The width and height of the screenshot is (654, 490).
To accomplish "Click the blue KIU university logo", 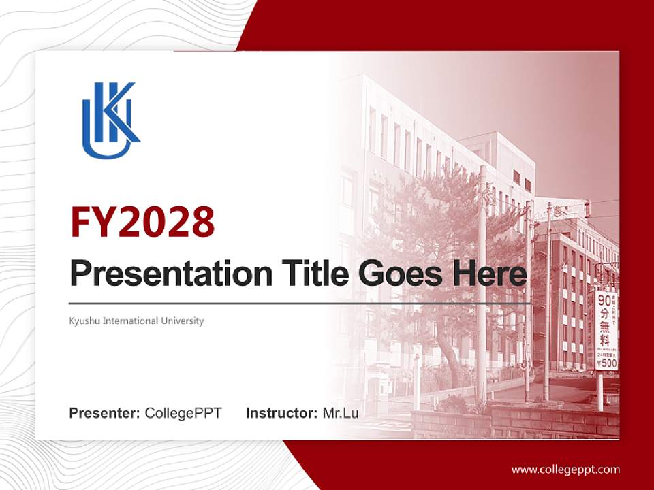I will (110, 120).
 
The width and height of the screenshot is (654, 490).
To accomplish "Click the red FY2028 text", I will (142, 222).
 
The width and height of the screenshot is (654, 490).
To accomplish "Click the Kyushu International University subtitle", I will (136, 321).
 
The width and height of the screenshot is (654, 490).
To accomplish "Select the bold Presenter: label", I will (105, 413).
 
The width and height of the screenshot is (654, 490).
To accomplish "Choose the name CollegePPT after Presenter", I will (183, 413).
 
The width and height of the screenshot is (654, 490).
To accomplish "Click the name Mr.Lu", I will (340, 413).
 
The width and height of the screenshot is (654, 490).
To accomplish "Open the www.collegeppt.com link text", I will (565, 469).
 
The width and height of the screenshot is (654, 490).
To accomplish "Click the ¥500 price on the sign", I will (606, 364).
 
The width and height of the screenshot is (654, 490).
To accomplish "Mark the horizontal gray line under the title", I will (300, 303).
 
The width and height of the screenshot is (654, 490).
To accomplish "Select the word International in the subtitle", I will (130, 321).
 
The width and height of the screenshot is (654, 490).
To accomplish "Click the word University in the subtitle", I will (182, 321).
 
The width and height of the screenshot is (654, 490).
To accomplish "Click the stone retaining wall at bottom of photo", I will (518, 422).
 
